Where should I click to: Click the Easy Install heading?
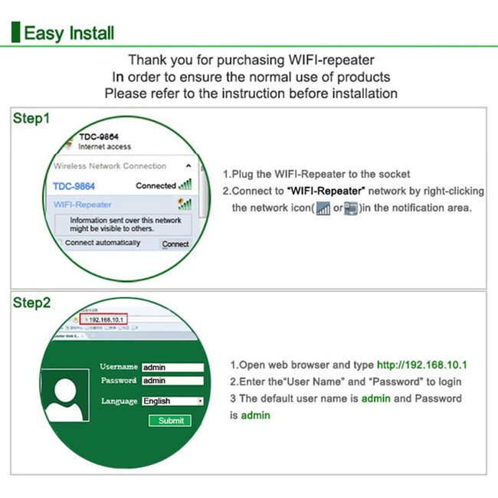click(69, 33)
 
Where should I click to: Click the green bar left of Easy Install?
click(15, 33)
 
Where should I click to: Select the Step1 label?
click(31, 119)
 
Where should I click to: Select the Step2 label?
click(31, 303)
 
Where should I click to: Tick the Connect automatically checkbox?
click(58, 243)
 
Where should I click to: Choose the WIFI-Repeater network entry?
click(82, 205)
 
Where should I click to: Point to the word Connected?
click(156, 185)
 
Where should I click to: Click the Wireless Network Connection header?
click(110, 165)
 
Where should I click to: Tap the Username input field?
click(172, 367)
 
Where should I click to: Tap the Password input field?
click(172, 381)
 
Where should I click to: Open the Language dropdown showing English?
click(172, 401)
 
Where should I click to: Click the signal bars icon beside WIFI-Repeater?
click(185, 205)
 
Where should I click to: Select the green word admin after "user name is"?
click(376, 398)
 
